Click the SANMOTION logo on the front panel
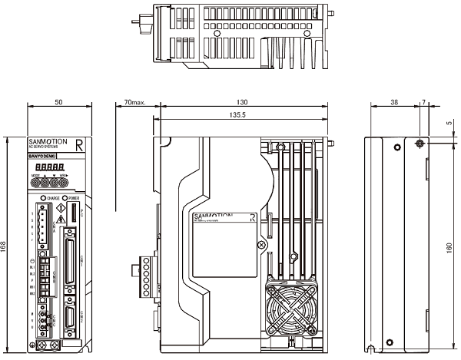tap(51, 143)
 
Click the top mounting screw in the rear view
tap(419, 144)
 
